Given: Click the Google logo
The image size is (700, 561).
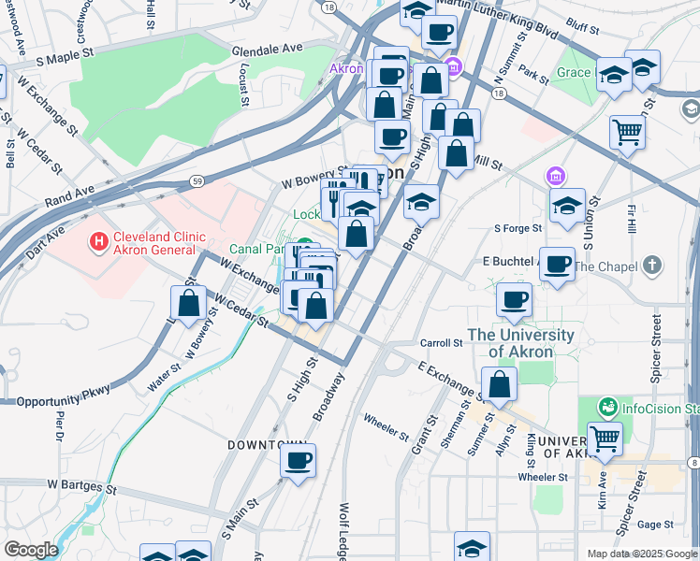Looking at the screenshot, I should click(x=30, y=550).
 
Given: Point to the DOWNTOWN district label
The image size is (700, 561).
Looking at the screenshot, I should click(x=268, y=445).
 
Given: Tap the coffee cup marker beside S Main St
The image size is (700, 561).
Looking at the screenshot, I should click(x=298, y=461).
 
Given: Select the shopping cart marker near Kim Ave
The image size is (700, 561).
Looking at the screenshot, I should click(x=605, y=437).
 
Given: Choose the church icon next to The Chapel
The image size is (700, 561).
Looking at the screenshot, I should click(x=653, y=266).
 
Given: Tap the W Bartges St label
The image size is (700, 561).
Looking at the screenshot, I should click(x=81, y=487).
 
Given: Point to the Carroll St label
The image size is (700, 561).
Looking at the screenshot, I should click(x=442, y=343).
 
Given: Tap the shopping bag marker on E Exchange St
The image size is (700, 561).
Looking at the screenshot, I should click(x=500, y=384).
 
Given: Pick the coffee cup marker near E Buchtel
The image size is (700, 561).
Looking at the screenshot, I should click(x=557, y=264).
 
